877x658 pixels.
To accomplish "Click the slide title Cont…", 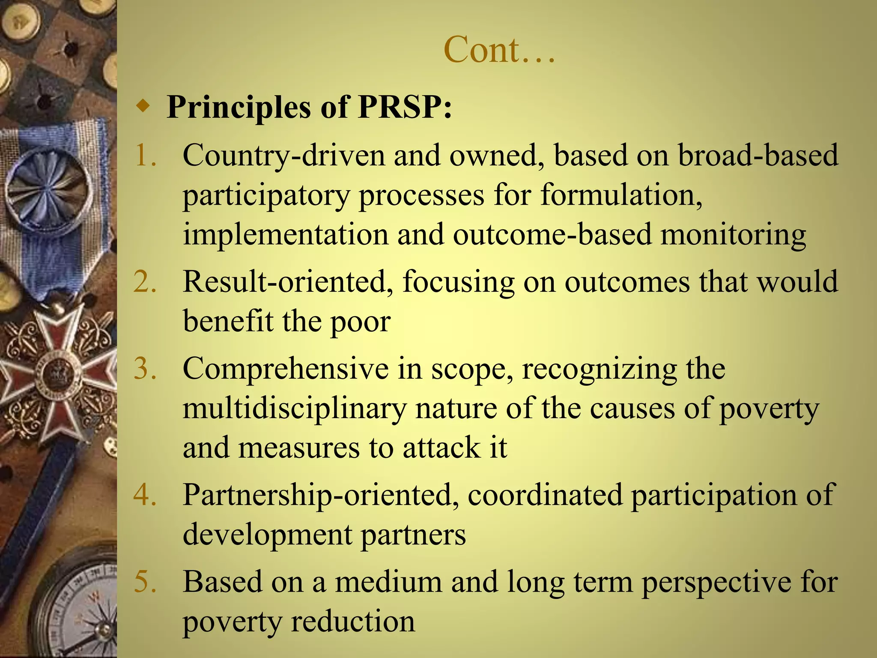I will [x=499, y=50].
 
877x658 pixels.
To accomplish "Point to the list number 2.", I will [x=145, y=282].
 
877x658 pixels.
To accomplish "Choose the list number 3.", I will [x=145, y=368].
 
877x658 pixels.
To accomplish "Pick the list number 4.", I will [x=145, y=495].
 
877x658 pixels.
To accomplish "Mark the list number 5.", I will [x=145, y=582].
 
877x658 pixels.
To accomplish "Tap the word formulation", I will [x=621, y=195].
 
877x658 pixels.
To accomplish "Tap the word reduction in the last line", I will [x=353, y=621].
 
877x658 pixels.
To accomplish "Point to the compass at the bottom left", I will [x=81, y=613].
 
